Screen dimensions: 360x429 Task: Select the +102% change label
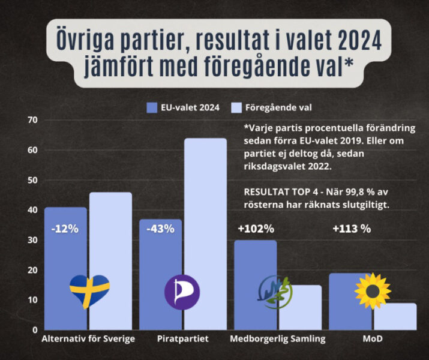256,229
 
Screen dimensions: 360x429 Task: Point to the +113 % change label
351,229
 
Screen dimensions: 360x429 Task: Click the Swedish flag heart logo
89,290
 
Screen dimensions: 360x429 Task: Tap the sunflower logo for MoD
373,290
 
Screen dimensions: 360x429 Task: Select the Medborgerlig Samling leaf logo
275,291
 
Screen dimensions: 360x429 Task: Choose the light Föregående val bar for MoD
395,316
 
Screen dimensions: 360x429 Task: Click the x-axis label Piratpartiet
184,339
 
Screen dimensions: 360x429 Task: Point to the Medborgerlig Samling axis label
278,339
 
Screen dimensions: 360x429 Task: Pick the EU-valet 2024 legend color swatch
152,108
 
